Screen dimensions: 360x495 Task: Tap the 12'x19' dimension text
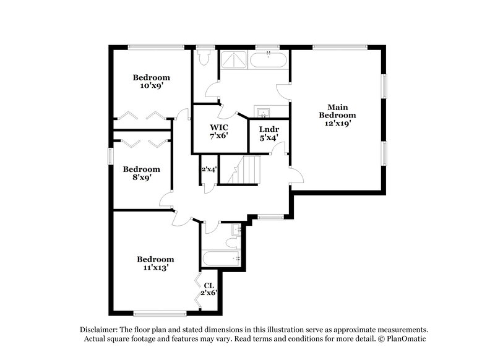[x=338, y=123]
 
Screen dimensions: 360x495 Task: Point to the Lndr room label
[x=267, y=130]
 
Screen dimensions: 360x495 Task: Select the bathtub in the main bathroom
[x=268, y=59]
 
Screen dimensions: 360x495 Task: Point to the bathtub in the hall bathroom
[x=221, y=259]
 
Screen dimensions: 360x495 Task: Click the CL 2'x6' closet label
[x=209, y=289]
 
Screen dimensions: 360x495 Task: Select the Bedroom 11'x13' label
[x=155, y=264]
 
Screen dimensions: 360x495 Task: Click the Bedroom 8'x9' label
[x=141, y=173]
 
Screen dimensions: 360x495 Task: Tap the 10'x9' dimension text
[x=151, y=87]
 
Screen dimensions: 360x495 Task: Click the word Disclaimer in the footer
[x=100, y=330]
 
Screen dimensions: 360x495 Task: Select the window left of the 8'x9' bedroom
[x=110, y=156]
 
